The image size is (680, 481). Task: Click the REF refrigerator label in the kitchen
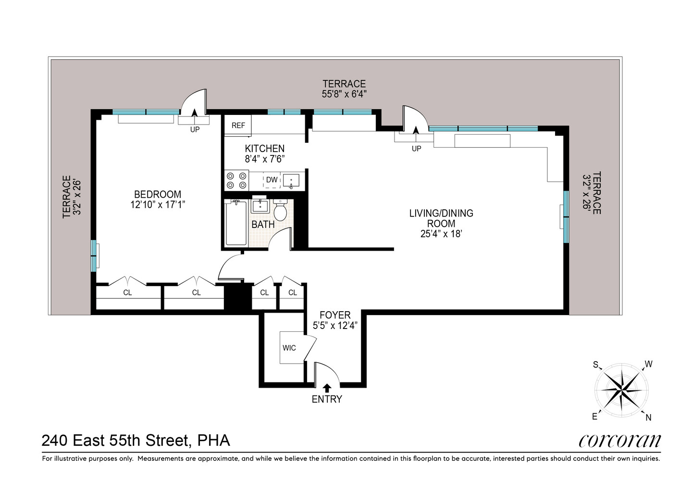[238, 126]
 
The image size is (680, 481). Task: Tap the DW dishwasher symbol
[272, 180]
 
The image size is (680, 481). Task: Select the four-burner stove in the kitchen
[236, 180]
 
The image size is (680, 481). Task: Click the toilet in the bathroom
[280, 211]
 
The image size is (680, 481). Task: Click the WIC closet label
[289, 348]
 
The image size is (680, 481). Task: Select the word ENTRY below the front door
[327, 399]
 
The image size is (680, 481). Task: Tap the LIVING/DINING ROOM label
[441, 218]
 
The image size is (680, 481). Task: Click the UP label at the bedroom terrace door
[195, 130]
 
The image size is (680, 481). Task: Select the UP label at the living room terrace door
[416, 149]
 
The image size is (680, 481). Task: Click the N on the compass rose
[648, 418]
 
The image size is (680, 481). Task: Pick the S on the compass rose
[595, 365]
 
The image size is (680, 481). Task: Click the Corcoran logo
[619, 441]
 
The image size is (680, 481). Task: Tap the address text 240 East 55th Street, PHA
[136, 440]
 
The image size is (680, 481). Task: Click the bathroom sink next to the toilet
[260, 205]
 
